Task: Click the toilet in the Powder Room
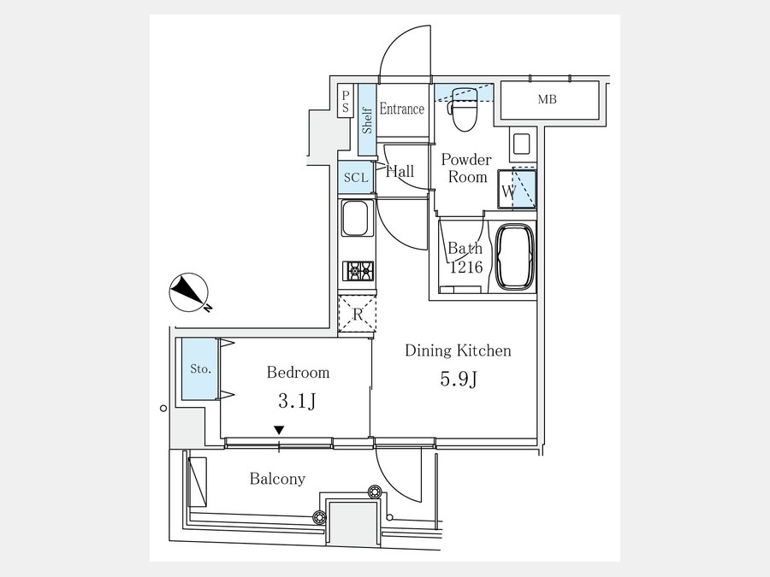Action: click(464, 109)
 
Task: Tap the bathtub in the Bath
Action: click(515, 257)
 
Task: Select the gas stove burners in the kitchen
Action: click(358, 271)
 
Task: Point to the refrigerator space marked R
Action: click(358, 314)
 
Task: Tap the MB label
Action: click(547, 100)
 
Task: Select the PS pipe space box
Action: click(346, 102)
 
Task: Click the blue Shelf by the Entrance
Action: click(367, 119)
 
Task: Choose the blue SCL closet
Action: click(356, 177)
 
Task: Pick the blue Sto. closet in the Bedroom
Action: click(200, 368)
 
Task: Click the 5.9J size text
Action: click(459, 379)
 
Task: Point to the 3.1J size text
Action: click(297, 402)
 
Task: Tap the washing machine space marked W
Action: click(517, 190)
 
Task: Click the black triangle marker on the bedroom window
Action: click(279, 430)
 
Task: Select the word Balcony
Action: click(277, 479)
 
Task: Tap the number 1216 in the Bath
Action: click(466, 267)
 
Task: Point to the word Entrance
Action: click(402, 109)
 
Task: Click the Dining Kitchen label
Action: click(458, 350)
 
